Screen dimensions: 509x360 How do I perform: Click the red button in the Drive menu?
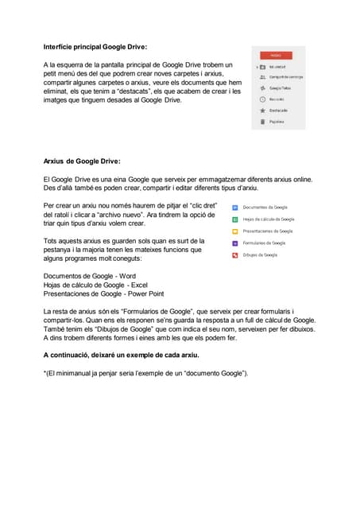277,55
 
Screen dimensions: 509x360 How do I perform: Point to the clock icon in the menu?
262,100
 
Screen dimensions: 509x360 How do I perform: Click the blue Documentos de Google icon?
235,208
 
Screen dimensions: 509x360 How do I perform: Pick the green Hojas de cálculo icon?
235,220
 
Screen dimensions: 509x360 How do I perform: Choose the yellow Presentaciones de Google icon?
235,231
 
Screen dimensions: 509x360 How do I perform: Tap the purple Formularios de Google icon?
235,243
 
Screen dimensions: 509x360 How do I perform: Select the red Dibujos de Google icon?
235,255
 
